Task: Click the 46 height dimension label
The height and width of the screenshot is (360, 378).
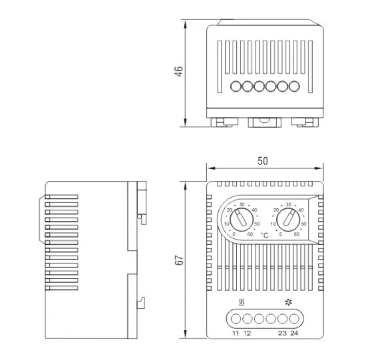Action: click(x=179, y=71)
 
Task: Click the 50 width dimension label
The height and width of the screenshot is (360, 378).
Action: click(x=262, y=161)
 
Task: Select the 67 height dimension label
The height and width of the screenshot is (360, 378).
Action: click(x=179, y=260)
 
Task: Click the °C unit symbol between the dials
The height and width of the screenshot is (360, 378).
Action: click(x=265, y=236)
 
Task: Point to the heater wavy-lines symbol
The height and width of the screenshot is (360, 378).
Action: click(x=242, y=303)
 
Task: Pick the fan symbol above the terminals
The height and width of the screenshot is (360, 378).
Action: click(x=288, y=302)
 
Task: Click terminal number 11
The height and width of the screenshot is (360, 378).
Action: click(x=236, y=333)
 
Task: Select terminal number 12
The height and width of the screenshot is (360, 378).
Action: click(x=248, y=333)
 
